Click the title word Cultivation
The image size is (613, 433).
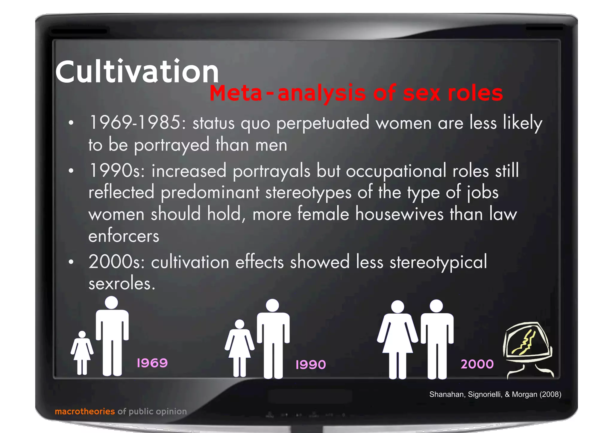[137, 72]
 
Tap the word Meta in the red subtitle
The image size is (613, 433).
[236, 93]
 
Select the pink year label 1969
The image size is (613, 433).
[152, 363]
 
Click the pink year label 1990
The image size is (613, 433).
[310, 365]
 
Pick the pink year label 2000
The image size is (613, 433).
[477, 364]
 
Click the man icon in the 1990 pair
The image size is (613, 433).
[273, 338]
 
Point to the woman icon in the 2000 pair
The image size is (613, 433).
[397, 340]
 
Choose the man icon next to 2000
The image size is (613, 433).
[437, 340]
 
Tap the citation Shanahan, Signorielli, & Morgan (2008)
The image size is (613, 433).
[495, 394]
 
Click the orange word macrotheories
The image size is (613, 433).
[85, 411]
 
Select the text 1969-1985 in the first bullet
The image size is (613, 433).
[139, 123]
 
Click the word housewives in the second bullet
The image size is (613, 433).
[399, 214]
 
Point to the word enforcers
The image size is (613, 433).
[124, 236]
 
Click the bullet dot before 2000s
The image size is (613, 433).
[71, 262]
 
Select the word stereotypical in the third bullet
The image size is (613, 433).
[438, 262]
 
